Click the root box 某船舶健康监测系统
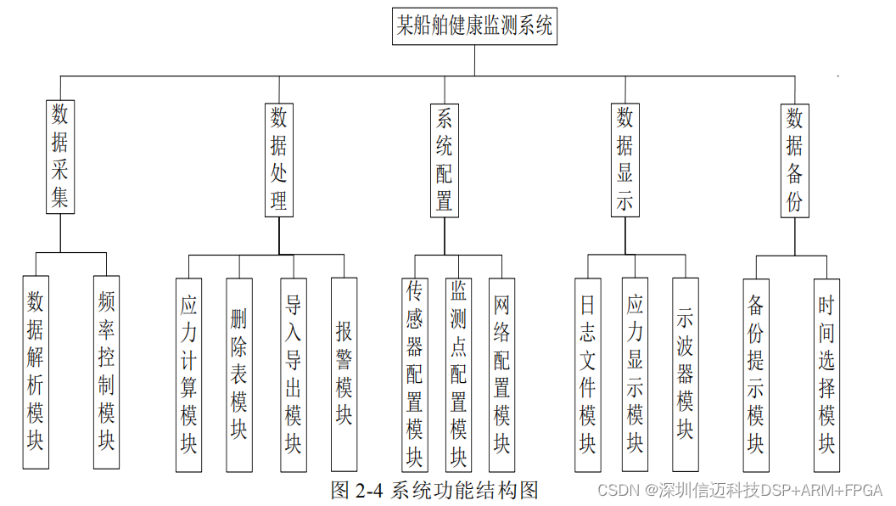pos(475,25)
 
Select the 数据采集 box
pos(59,156)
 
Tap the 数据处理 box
pos(279,159)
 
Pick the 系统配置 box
pos(445,160)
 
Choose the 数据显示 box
pos(625,160)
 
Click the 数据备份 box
pos(794,160)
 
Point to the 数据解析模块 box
pos(35,371)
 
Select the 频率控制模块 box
pos(107,371)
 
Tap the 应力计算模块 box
pos(188,374)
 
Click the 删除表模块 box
pos(239,374)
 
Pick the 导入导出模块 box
pos(294,374)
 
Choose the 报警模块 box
pos(344,374)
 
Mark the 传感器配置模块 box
pos(414,374)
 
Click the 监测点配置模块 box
pos(458,374)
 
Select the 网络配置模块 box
pos(502,374)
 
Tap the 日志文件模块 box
pos(587,374)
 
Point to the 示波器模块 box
pos(685,374)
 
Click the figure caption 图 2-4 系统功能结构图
pos(434,490)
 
